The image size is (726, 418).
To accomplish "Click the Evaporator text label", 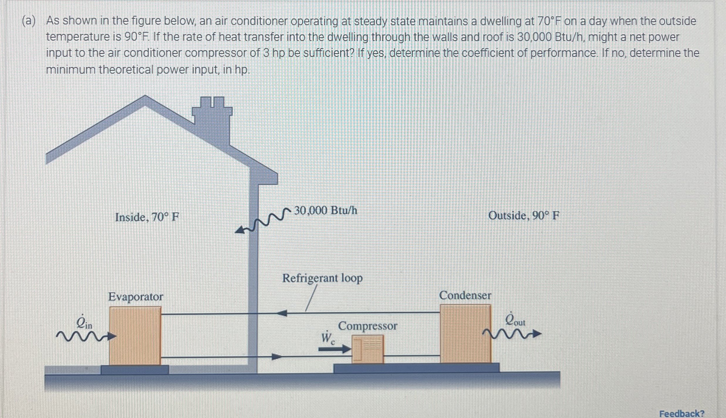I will pos(136,297).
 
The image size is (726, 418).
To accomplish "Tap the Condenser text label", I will pos(465,295).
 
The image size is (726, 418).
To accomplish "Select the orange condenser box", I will pos(465,333).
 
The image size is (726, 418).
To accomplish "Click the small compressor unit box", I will pos(368,349).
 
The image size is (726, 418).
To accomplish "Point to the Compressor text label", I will pos(367,326).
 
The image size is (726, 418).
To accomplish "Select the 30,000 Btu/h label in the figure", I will pos(326,211).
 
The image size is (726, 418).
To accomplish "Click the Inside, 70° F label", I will pos(147,217).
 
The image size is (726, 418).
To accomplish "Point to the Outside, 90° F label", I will pos(524,216).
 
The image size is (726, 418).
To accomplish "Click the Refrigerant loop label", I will pos(322,278).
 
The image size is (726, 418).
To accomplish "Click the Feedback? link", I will pos(681,414).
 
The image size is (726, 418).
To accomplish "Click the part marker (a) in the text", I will pos(29,21).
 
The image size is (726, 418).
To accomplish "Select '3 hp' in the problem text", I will pos(273,53).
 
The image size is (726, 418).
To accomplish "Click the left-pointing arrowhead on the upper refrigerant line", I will pos(282,313).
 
